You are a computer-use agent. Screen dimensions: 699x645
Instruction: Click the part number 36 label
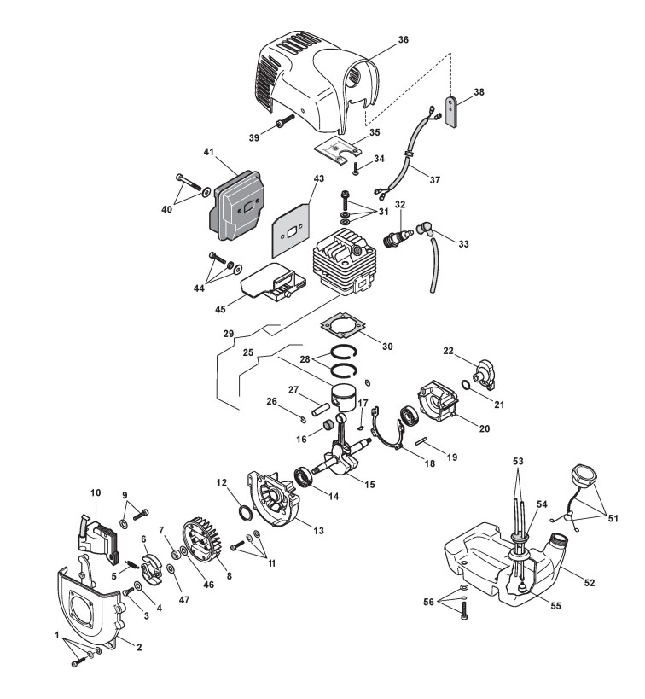click(404, 39)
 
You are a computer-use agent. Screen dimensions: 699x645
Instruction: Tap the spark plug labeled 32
click(398, 236)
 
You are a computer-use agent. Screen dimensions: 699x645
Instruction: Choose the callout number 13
click(318, 530)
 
